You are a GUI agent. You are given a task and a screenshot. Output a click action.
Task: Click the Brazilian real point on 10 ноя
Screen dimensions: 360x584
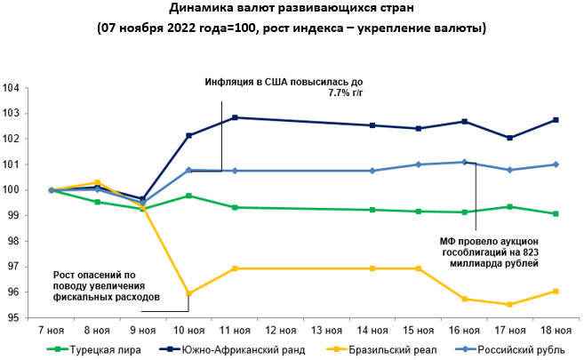(188, 293)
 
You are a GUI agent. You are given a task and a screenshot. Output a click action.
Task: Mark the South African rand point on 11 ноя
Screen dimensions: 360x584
(235, 117)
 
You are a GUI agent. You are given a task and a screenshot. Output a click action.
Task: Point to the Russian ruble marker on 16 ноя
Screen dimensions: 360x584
(464, 162)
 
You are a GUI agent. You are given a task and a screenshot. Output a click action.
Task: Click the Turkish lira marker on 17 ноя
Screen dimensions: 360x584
(509, 206)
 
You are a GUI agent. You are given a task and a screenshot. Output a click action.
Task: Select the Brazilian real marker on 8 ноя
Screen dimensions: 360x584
(97, 183)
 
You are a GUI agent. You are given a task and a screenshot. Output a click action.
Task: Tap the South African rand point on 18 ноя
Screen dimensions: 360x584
(556, 120)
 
